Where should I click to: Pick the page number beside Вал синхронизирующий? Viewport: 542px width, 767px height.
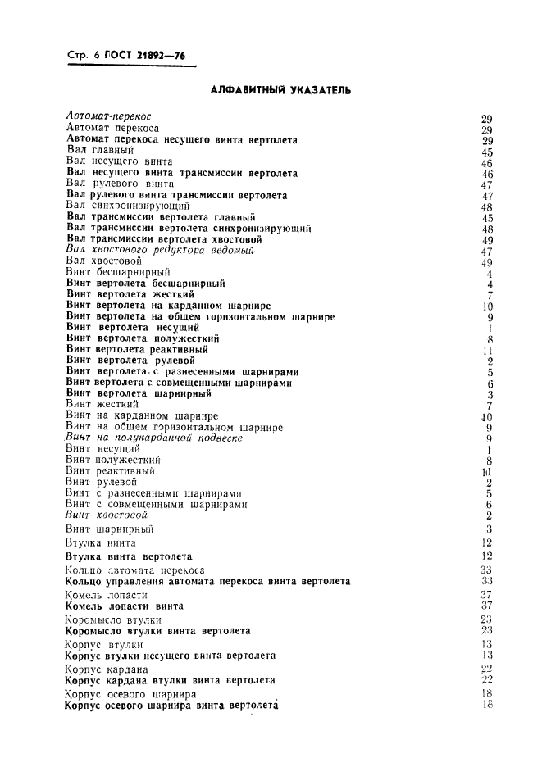486,207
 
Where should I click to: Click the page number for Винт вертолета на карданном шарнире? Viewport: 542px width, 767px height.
487,306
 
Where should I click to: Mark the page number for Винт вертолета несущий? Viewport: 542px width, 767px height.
489,329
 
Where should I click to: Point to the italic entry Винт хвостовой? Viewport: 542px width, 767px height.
107,515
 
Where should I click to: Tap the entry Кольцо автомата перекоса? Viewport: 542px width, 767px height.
134,570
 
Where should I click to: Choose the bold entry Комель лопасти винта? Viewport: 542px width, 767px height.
124,606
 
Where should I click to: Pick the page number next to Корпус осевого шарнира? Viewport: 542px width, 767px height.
487,693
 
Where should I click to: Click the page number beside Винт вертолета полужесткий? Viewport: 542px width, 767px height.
489,339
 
